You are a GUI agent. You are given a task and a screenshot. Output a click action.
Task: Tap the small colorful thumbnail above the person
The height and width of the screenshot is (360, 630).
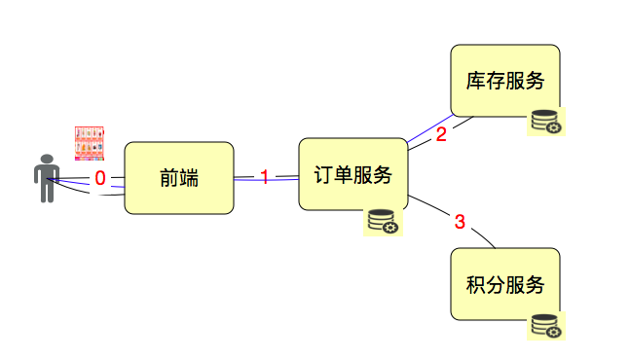(x=90, y=142)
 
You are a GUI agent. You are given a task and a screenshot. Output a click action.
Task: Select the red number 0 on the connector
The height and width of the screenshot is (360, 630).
(x=99, y=178)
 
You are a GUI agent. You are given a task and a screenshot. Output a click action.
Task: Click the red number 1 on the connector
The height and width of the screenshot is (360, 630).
(x=264, y=177)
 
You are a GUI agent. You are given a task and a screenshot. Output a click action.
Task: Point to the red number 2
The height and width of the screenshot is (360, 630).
(x=440, y=134)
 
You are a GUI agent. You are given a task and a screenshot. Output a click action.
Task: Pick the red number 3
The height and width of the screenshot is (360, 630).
(x=461, y=222)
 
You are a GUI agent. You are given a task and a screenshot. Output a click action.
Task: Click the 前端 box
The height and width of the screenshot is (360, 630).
(x=179, y=178)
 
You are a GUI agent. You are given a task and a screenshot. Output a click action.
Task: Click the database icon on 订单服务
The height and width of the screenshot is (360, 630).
(x=383, y=222)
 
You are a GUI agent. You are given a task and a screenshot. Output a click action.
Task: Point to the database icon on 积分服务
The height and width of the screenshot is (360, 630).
(x=545, y=326)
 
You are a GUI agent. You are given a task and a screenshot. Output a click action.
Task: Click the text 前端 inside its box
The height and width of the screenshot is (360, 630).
(x=179, y=178)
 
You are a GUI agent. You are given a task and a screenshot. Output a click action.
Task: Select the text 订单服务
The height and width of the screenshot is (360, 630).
(x=352, y=175)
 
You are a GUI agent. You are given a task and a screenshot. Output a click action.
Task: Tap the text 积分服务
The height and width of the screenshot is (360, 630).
(x=504, y=285)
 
